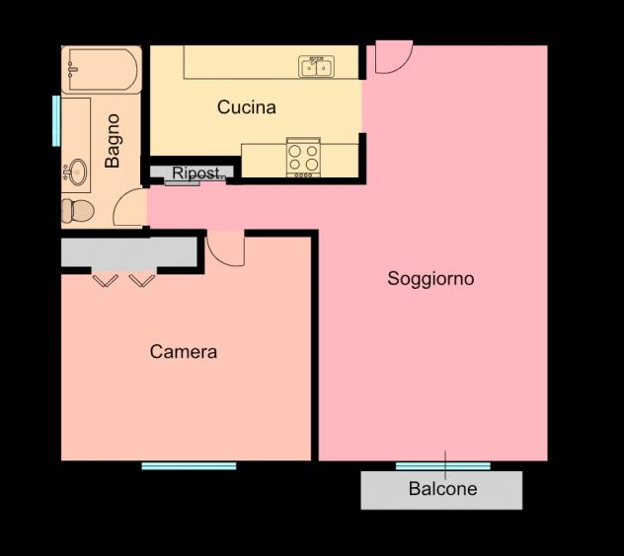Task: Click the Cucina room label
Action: (247, 107)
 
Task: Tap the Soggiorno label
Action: (430, 279)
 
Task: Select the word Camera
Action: (184, 352)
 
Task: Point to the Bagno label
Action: (113, 141)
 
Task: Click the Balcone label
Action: (442, 488)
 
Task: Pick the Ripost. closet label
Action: (195, 174)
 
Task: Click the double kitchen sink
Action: (316, 66)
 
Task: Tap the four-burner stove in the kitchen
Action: (303, 158)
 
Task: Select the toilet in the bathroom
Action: (78, 211)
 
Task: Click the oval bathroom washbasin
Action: (77, 172)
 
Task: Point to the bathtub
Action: (102, 70)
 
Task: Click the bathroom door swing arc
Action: (120, 199)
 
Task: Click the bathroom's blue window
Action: (56, 121)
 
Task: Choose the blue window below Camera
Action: (189, 465)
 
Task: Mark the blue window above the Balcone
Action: (443, 465)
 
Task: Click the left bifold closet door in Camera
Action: (106, 280)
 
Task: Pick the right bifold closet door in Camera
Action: (142, 280)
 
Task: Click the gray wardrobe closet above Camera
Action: (129, 252)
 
